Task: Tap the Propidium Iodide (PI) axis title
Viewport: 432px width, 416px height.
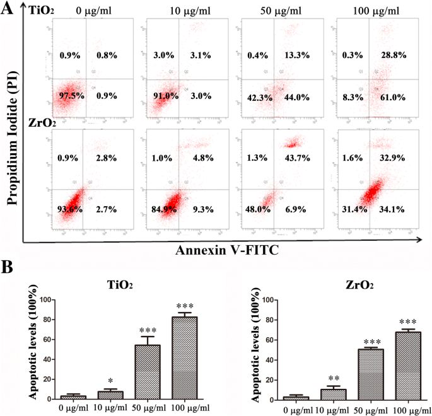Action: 11,129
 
